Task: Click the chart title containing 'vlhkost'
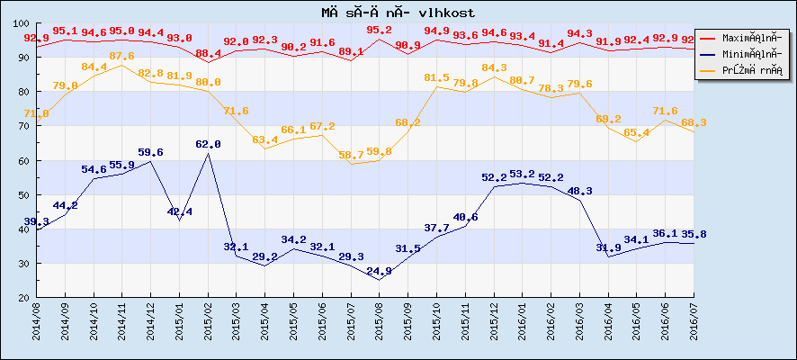click(398, 12)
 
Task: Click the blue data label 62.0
click(208, 144)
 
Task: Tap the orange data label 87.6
click(121, 56)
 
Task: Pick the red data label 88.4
click(208, 53)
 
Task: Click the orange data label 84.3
click(494, 67)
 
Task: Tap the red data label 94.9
click(436, 31)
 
